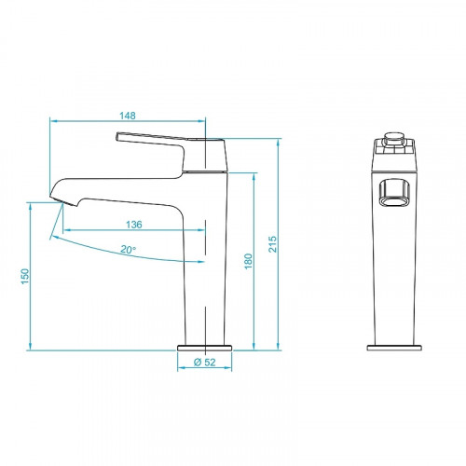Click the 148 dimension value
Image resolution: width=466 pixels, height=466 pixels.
coord(129,116)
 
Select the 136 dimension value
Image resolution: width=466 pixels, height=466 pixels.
coord(134,224)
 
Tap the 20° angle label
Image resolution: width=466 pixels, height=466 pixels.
coord(128,249)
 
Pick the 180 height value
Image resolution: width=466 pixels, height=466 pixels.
coord(248,262)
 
